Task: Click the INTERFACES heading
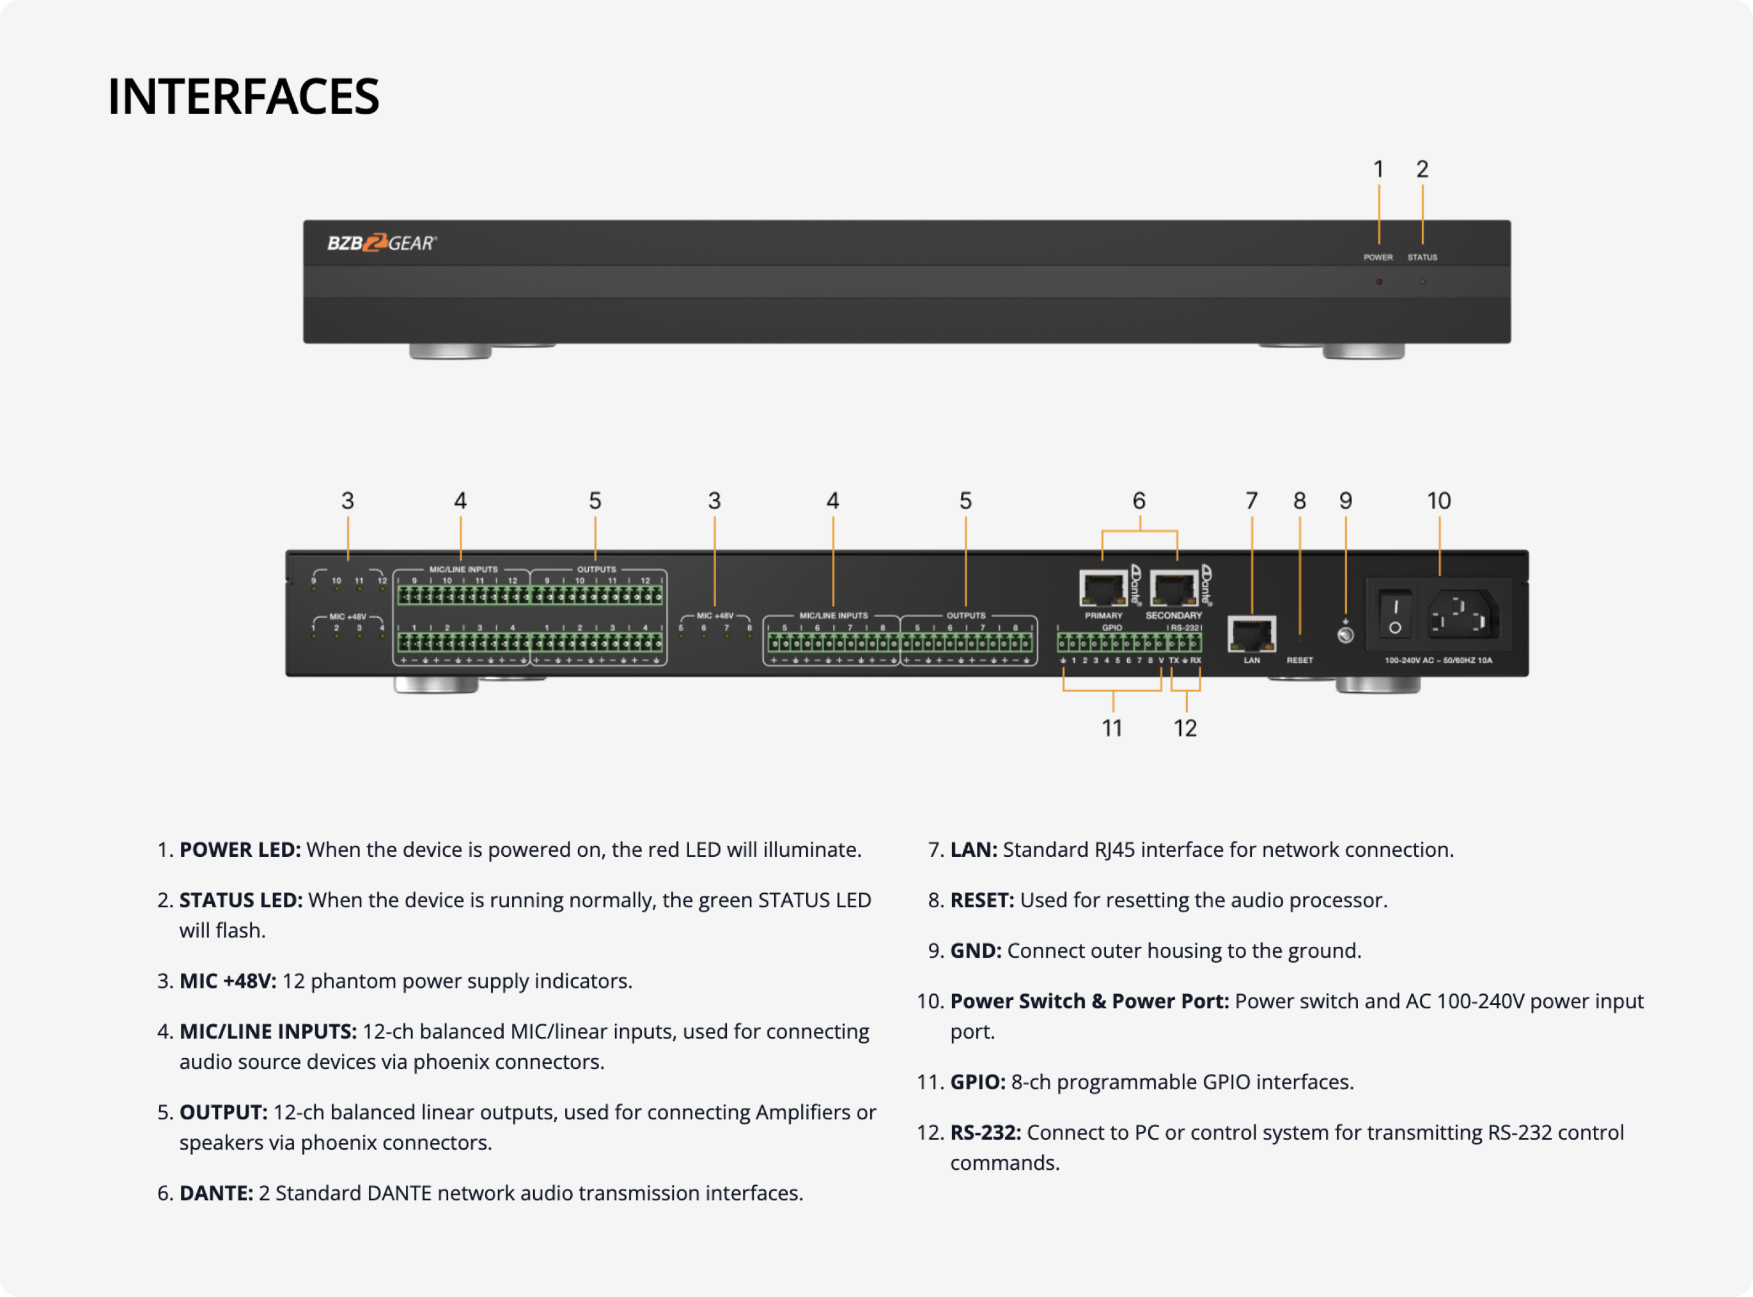point(244,96)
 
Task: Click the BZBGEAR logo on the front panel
point(382,243)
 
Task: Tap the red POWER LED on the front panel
point(1378,282)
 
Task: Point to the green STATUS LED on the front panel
point(1422,282)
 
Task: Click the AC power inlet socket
point(1461,615)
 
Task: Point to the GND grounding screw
point(1345,634)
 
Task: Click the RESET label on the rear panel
point(1299,660)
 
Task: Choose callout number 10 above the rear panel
point(1439,501)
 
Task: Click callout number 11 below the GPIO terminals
point(1112,728)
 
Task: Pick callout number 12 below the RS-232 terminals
point(1185,728)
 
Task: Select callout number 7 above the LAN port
point(1251,501)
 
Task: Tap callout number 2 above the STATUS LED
point(1422,169)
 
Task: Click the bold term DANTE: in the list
point(216,1193)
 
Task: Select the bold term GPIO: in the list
point(978,1082)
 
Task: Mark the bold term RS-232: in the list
point(986,1132)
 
